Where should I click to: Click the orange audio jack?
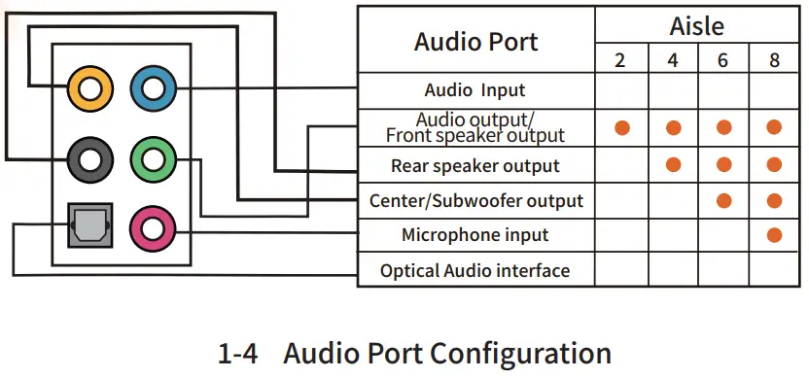(x=90, y=89)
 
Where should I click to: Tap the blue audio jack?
(x=153, y=89)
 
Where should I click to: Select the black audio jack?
(x=90, y=159)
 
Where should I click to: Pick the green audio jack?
(x=153, y=159)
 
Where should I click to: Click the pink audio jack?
(x=153, y=228)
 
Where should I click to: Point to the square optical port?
(x=90, y=227)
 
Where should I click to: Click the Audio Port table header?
(x=475, y=42)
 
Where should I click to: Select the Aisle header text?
(x=696, y=25)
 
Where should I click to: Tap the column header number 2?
(x=620, y=60)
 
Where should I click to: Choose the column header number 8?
(x=774, y=60)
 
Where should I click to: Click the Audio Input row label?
(x=475, y=90)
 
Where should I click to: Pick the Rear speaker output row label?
(x=475, y=164)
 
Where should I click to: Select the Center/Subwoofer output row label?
(x=476, y=201)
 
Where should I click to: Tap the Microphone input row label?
(x=475, y=235)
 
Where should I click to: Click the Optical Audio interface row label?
(x=475, y=270)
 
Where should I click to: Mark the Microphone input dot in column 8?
(x=774, y=235)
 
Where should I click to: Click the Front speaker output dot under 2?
(x=621, y=127)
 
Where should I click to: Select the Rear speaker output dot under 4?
(x=673, y=164)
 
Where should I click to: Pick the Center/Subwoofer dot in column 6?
(x=723, y=201)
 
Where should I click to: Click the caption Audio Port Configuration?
(x=415, y=353)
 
